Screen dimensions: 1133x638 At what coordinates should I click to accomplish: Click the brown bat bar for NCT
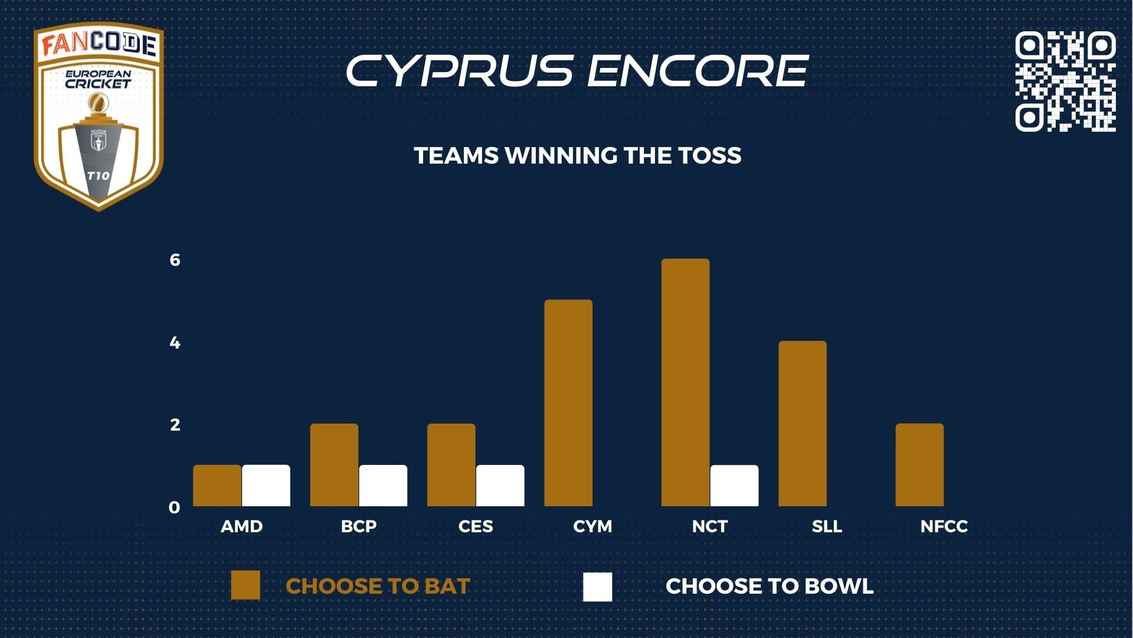tap(685, 382)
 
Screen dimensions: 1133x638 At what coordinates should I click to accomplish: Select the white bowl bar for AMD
tap(266, 486)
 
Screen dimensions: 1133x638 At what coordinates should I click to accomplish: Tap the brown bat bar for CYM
tap(568, 403)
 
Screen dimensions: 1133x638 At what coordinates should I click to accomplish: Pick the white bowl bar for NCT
tap(734, 486)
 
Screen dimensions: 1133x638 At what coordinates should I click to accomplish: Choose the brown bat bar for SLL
tap(803, 424)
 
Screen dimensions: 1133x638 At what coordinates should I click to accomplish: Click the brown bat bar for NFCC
tap(919, 465)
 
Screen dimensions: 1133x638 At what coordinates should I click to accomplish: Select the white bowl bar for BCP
tap(383, 486)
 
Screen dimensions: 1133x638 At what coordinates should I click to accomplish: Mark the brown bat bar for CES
tap(451, 465)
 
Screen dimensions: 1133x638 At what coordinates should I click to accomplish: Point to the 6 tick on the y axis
tap(175, 260)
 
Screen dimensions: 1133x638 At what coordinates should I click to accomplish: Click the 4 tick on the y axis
tap(175, 343)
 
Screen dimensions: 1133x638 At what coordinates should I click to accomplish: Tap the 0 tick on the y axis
tap(174, 507)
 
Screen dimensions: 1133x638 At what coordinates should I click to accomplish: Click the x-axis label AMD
tap(242, 526)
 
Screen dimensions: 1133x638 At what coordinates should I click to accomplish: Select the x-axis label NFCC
tap(944, 526)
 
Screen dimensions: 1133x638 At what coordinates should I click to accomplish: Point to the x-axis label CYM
tap(592, 526)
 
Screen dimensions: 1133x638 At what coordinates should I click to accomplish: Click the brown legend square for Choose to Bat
tap(245, 585)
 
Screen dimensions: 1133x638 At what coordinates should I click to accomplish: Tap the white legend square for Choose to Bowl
tap(597, 587)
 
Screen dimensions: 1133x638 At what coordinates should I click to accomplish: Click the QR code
tap(1065, 81)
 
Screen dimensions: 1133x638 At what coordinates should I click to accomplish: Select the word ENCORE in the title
tap(697, 71)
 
